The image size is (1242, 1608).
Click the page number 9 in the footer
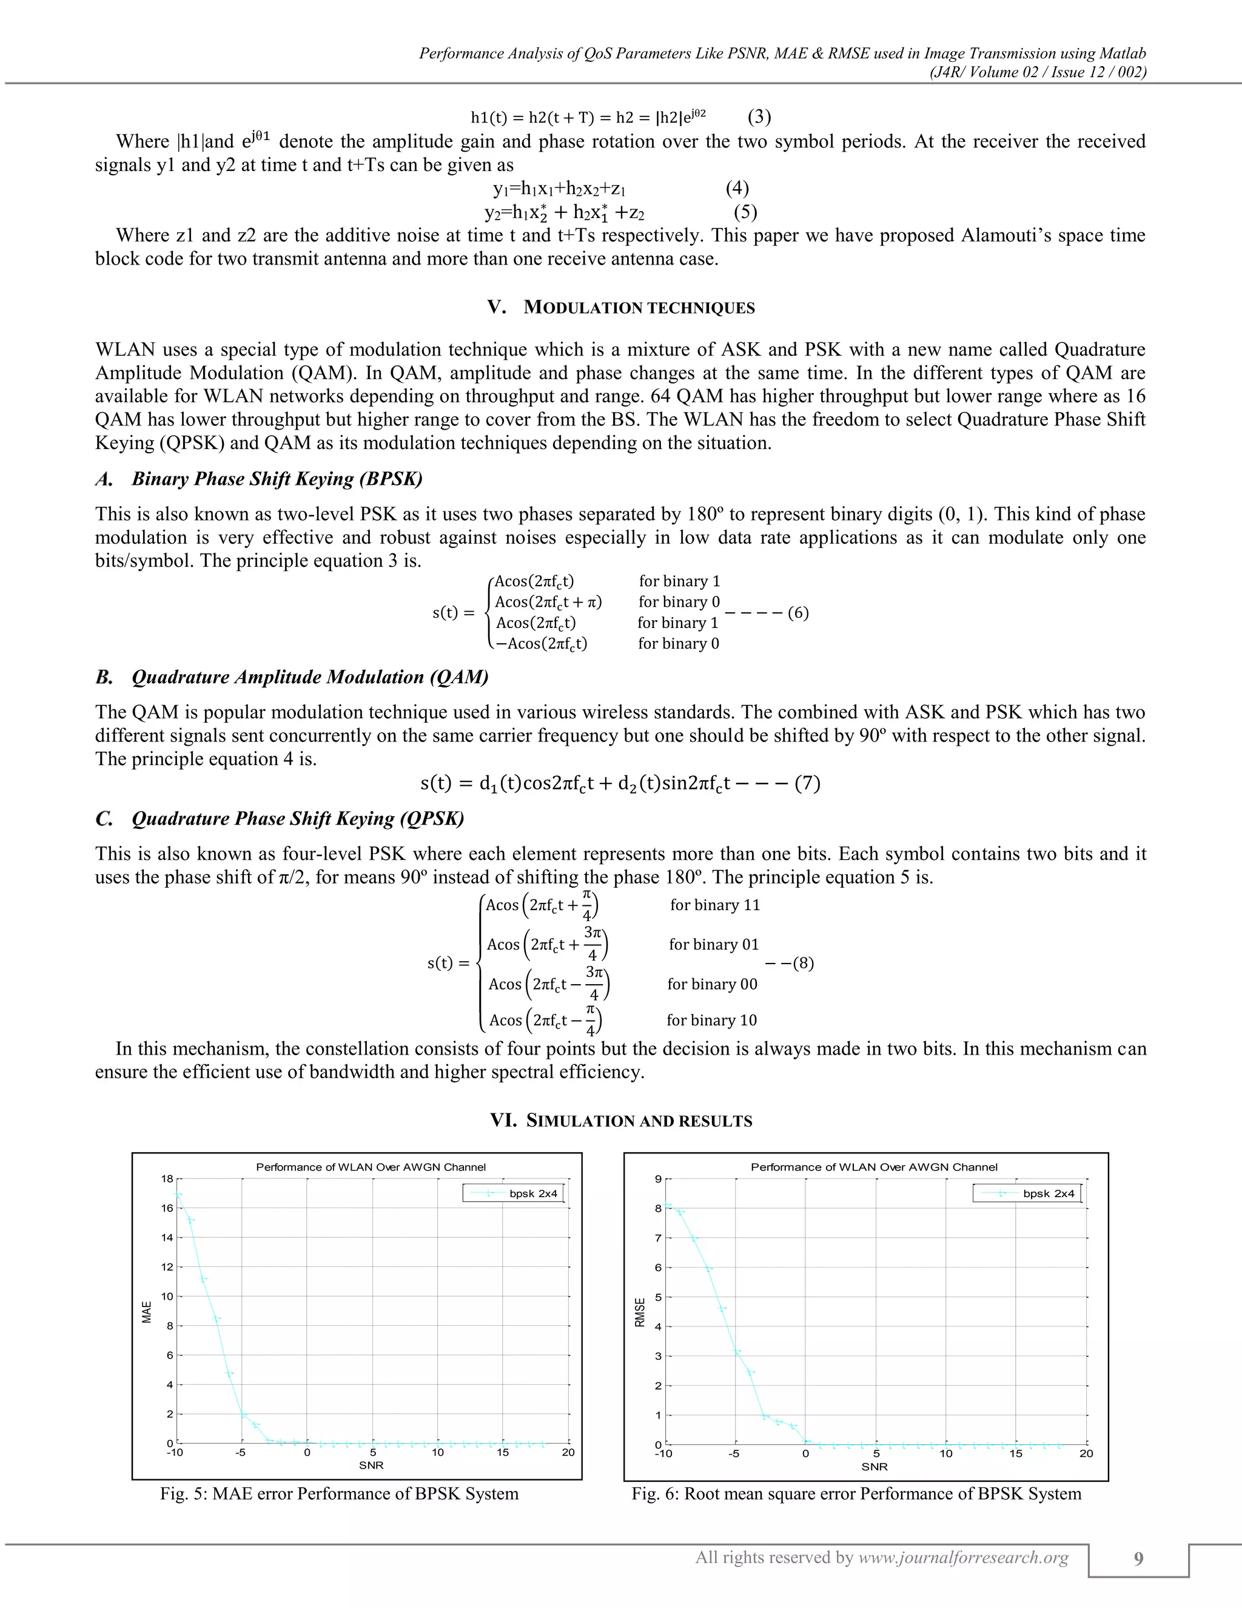pyautogui.click(x=1138, y=1559)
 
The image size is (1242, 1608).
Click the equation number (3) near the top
pyautogui.click(x=759, y=117)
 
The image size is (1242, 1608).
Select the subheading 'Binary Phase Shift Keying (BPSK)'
pyautogui.click(x=277, y=479)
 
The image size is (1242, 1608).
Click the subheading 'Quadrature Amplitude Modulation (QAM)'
pyautogui.click(x=310, y=677)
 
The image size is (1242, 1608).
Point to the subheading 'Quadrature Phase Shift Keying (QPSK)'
pyautogui.click(x=298, y=819)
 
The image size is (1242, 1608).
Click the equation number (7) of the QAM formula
pyautogui.click(x=807, y=783)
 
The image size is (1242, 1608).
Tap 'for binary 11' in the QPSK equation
pyautogui.click(x=714, y=905)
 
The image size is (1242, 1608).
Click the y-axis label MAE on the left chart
pyautogui.click(x=146, y=1312)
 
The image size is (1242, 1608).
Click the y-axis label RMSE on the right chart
pyautogui.click(x=639, y=1312)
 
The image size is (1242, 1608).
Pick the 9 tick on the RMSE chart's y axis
pyautogui.click(x=659, y=1180)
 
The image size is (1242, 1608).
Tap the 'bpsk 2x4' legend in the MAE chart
pyautogui.click(x=532, y=1194)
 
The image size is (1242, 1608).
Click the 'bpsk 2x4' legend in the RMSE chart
pyautogui.click(x=1048, y=1194)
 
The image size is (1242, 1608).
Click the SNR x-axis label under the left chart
pyautogui.click(x=372, y=1465)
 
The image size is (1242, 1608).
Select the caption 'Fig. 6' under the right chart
pyautogui.click(x=856, y=1494)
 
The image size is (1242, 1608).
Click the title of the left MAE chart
pyautogui.click(x=371, y=1167)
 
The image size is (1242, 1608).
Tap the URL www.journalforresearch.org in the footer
pyautogui.click(x=964, y=1558)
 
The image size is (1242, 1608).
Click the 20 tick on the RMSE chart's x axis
pyautogui.click(x=1086, y=1453)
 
